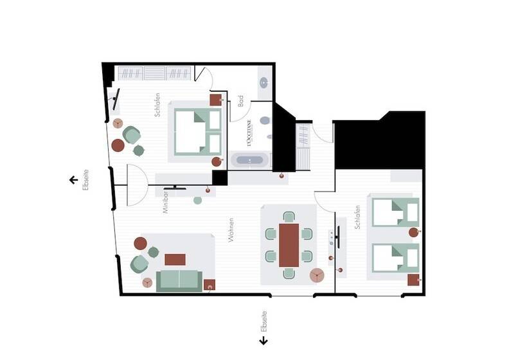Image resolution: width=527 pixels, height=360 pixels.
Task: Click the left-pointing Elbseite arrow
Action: (73, 180)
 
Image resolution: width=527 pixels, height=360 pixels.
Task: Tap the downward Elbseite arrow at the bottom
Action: (263, 341)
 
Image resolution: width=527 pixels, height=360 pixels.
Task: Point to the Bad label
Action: (240, 101)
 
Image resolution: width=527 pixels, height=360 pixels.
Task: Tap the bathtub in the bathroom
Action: (249, 160)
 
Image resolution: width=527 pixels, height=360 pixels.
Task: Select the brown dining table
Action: (289, 244)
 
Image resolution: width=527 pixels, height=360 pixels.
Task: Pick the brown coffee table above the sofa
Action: (175, 260)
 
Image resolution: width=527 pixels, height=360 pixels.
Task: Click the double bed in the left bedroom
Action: (197, 131)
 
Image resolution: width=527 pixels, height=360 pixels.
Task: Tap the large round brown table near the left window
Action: (118, 145)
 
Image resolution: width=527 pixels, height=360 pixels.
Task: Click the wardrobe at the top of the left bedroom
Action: (154, 73)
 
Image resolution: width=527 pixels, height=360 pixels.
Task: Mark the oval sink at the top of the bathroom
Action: (265, 82)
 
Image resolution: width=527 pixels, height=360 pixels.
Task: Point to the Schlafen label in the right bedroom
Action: (357, 217)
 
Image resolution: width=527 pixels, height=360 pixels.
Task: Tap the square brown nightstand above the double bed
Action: (215, 100)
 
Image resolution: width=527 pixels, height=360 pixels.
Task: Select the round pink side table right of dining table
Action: (317, 276)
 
